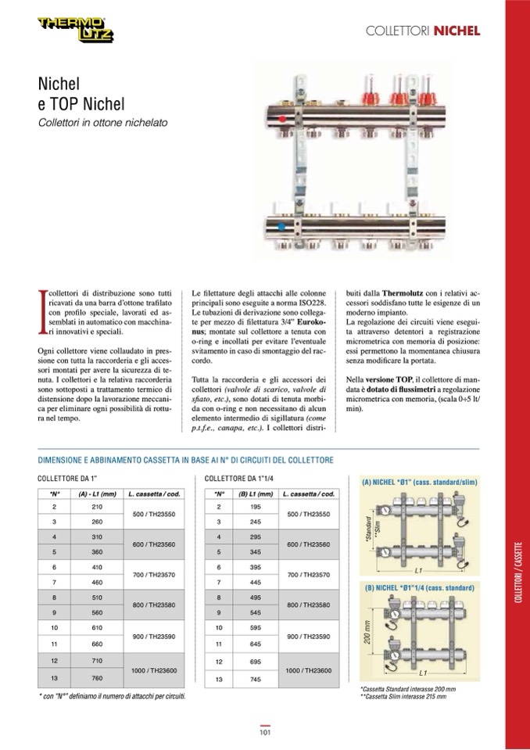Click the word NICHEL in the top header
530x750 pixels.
coord(457,31)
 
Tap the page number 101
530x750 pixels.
coord(265,732)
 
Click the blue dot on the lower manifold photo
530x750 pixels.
coord(281,227)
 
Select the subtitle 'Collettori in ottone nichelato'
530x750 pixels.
coord(102,123)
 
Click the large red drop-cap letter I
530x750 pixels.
coord(42,310)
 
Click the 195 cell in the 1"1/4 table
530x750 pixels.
coord(255,508)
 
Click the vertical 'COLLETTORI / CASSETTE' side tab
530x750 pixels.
coord(517,571)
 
